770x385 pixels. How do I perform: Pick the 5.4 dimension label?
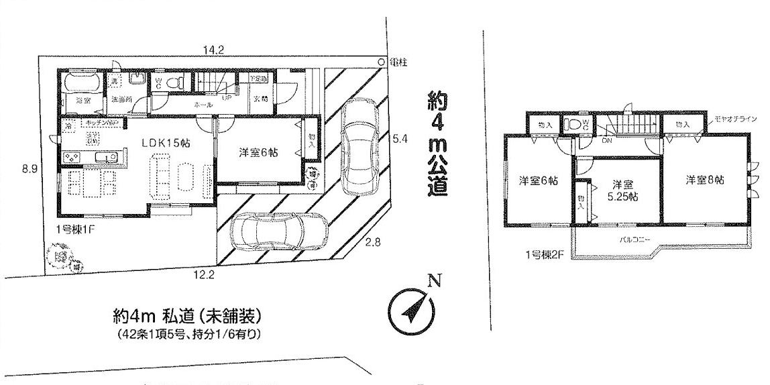400,140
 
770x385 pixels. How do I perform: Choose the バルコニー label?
632,238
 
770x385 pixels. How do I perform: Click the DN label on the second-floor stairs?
607,140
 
